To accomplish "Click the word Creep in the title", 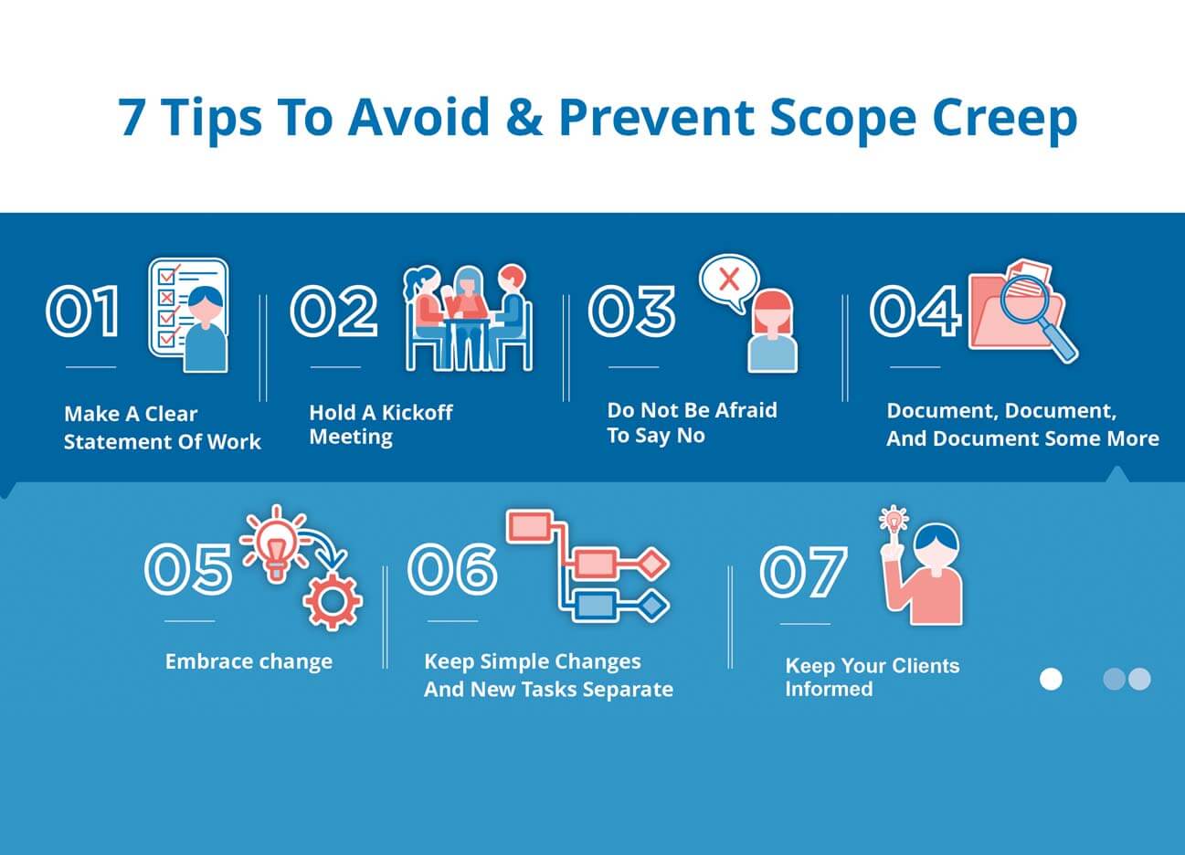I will [1004, 118].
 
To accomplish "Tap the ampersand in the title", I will [523, 117].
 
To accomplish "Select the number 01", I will [83, 311].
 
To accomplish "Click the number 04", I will [915, 311].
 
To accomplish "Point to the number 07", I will [803, 572].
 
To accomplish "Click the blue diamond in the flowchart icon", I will [651, 605].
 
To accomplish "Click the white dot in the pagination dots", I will [1051, 679].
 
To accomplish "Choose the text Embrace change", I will [249, 661].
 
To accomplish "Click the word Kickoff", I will [417, 413].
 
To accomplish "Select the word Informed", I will [829, 689].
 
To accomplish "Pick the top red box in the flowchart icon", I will [527, 526].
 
